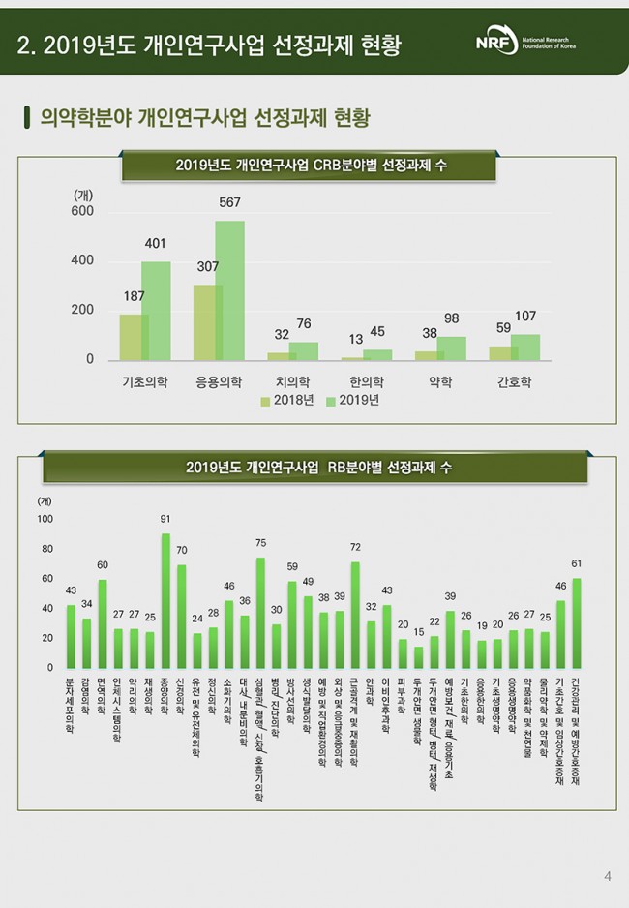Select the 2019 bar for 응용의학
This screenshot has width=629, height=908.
(230, 290)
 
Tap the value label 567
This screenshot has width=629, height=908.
(229, 202)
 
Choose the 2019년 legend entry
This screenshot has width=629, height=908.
(353, 399)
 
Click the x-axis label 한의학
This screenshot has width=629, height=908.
(367, 380)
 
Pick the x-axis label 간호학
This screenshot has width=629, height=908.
(514, 380)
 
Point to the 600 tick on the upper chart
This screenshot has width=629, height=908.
(82, 211)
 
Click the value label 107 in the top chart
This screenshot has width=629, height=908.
(525, 317)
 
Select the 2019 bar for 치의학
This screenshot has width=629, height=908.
(304, 350)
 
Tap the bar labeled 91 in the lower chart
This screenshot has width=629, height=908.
(165, 600)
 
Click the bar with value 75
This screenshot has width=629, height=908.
(260, 612)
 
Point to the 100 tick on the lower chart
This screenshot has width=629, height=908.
(45, 519)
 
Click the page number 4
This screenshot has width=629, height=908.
(607, 877)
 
